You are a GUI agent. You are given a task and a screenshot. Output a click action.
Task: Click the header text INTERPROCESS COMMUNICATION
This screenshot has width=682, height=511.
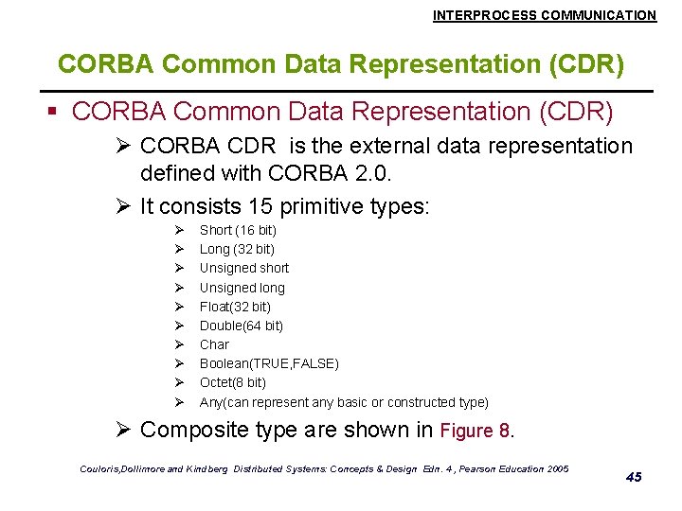click(x=544, y=15)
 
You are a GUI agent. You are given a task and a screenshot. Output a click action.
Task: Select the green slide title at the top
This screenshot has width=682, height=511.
click(x=341, y=64)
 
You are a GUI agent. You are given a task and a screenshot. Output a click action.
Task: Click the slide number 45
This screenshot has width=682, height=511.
click(x=634, y=477)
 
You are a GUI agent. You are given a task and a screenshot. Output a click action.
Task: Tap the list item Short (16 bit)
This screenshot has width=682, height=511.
click(x=238, y=230)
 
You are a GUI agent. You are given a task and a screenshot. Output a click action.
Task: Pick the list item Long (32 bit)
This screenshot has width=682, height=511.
click(x=237, y=249)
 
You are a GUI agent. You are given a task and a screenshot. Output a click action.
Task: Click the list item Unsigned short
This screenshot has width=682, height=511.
click(x=244, y=268)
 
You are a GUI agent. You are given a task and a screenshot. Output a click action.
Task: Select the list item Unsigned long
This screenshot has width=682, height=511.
click(x=242, y=288)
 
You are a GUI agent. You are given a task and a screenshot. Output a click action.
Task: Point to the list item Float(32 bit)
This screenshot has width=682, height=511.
click(x=235, y=307)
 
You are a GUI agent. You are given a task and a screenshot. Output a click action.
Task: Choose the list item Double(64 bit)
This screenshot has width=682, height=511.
click(x=242, y=326)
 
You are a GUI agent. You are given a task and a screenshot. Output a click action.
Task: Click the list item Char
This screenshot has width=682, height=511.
click(x=214, y=344)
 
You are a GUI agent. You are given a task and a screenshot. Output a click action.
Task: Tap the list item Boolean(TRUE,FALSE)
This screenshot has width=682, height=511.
click(x=269, y=363)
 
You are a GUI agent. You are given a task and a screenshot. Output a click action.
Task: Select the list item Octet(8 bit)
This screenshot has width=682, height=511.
click(x=233, y=382)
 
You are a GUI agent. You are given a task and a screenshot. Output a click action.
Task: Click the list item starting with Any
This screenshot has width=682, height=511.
click(x=344, y=402)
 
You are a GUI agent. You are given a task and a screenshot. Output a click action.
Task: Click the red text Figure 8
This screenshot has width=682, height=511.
click(x=476, y=432)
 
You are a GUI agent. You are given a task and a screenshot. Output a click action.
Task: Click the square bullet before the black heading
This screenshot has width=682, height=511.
click(x=54, y=113)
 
